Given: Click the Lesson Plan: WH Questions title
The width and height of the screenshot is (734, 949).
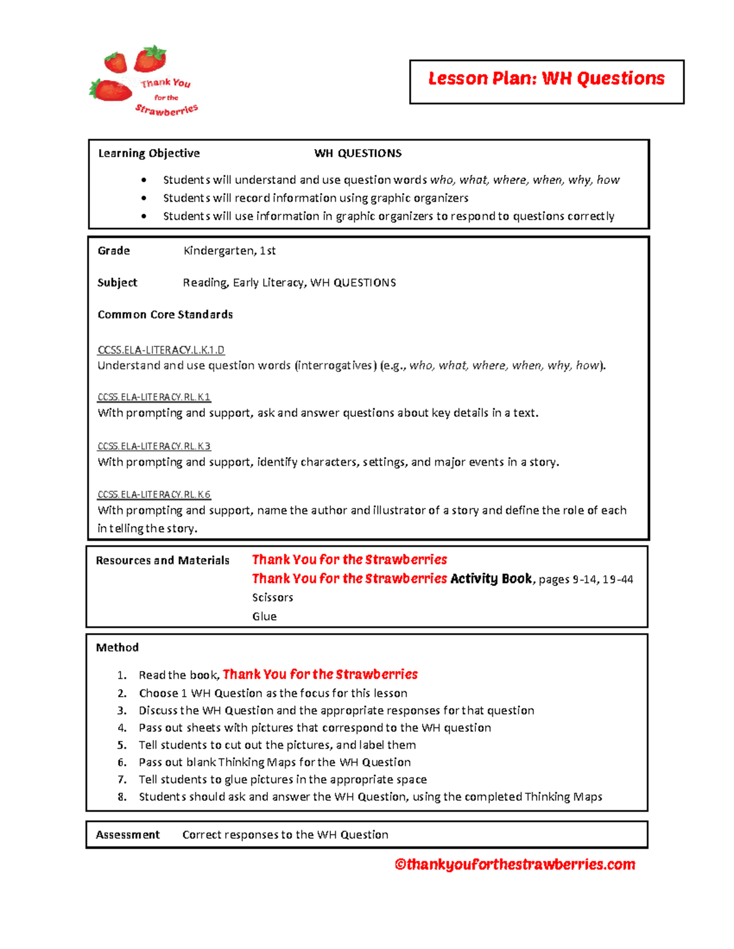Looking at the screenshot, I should (546, 79).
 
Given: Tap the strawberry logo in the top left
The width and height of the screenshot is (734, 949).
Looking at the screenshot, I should (144, 82).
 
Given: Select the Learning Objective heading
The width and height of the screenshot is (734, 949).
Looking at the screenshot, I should (149, 153).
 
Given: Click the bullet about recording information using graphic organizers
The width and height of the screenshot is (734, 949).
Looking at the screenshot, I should (315, 198).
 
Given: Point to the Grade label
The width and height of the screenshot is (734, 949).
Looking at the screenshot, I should (114, 251).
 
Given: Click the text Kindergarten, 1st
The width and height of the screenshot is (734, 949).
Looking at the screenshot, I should (229, 251).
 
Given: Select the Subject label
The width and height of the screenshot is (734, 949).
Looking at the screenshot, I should (117, 282).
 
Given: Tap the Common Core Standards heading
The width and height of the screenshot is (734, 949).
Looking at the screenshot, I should (165, 315).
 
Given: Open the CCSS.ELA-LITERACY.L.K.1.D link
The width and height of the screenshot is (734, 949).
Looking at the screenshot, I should (161, 350).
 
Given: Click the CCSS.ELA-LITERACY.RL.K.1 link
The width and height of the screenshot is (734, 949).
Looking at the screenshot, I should (154, 397).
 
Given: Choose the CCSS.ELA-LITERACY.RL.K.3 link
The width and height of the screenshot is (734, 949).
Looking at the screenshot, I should (154, 446).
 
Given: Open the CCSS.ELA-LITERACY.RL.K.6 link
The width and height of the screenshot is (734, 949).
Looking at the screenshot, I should (154, 494).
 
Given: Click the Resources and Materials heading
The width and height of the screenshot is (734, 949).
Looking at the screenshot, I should (163, 560).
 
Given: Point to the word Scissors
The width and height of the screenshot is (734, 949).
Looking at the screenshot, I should (272, 598).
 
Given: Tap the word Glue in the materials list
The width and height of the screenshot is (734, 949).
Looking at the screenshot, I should (264, 617).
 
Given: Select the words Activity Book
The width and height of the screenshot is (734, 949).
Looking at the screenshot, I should (491, 579).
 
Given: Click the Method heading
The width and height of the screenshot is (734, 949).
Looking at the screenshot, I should (117, 648).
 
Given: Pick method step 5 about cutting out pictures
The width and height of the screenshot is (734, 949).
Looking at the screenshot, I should (277, 745).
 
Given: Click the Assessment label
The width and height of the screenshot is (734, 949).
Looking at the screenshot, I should (128, 835).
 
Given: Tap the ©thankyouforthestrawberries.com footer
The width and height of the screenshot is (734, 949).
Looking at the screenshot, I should (514, 865).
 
